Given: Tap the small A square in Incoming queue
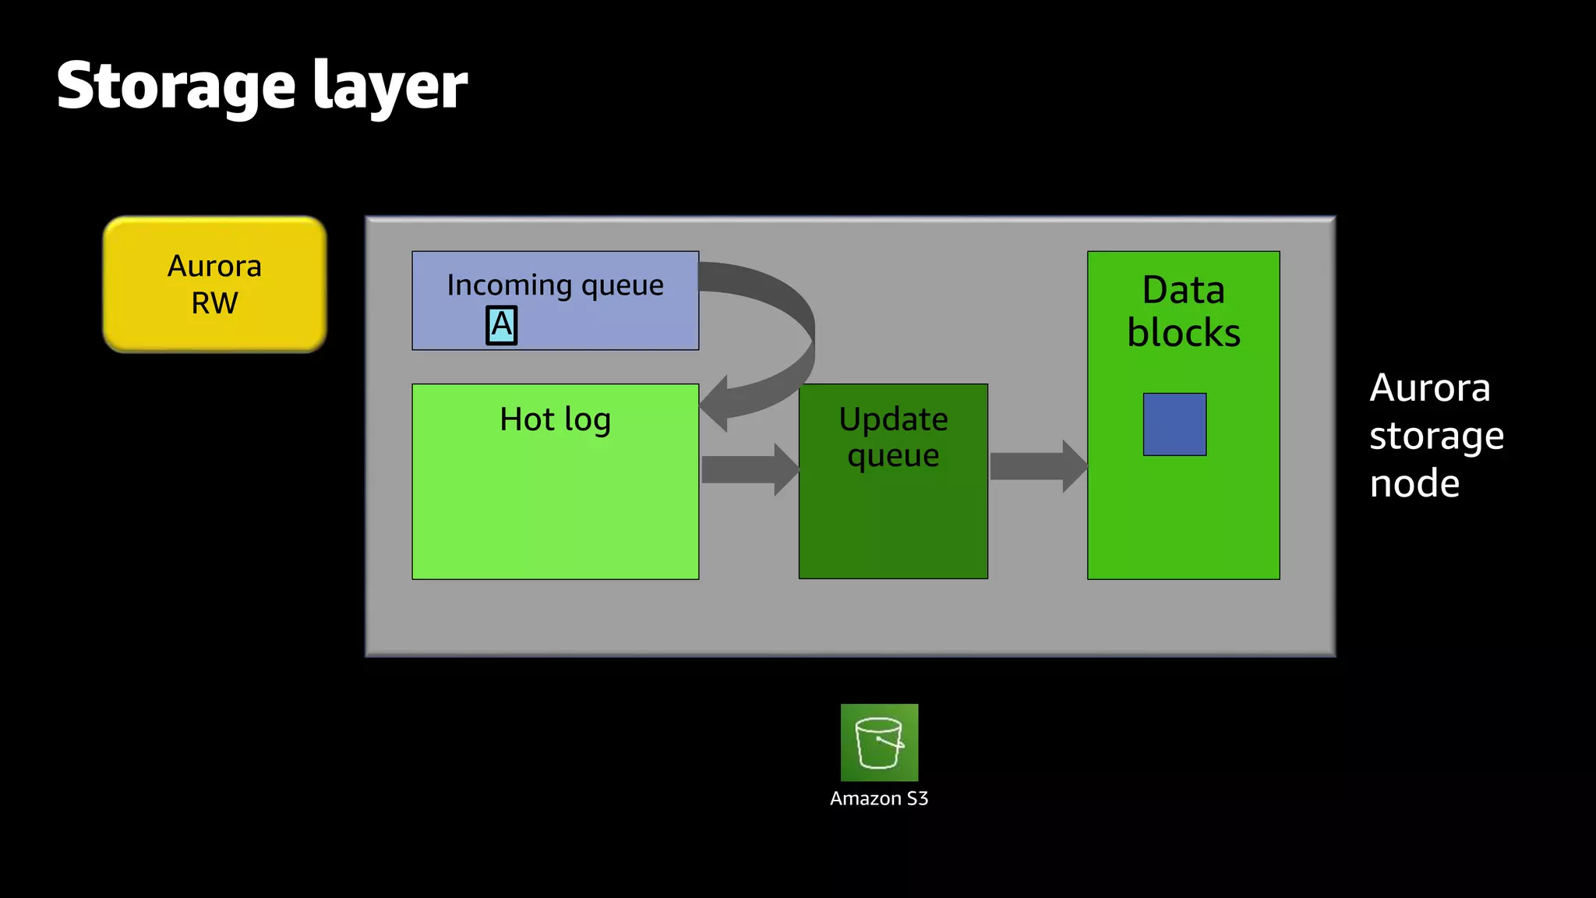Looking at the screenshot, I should tap(501, 325).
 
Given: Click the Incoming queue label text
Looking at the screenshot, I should tap(555, 285).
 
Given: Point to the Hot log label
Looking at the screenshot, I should tap(555, 419).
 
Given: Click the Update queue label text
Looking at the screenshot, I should tap(893, 437).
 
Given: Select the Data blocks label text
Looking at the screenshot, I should tap(1183, 311).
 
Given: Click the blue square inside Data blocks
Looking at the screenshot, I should tap(1174, 424).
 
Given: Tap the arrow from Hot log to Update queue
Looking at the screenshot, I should tap(749, 469).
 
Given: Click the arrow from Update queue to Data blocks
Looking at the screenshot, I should tap(1037, 466).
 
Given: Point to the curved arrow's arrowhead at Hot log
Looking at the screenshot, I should tap(715, 404).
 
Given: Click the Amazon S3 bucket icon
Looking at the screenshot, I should tap(879, 742).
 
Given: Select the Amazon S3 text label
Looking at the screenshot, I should tap(879, 798).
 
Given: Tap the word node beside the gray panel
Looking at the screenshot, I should tap(1414, 483).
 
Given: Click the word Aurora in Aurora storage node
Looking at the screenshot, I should tap(1430, 387).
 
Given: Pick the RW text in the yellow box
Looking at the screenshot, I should tap(214, 303).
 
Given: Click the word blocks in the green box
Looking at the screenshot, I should tap(1183, 333).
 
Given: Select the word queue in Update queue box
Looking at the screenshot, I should tap(893, 456).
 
